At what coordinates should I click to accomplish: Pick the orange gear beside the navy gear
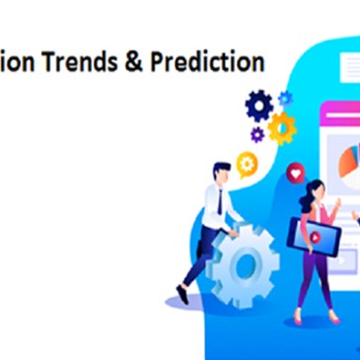click(x=282, y=126)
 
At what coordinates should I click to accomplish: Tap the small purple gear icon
click(x=257, y=134)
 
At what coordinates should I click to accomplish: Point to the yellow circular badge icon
click(x=248, y=163)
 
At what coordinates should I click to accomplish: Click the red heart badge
click(x=293, y=175)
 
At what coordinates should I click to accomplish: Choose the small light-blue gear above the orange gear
click(x=286, y=98)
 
